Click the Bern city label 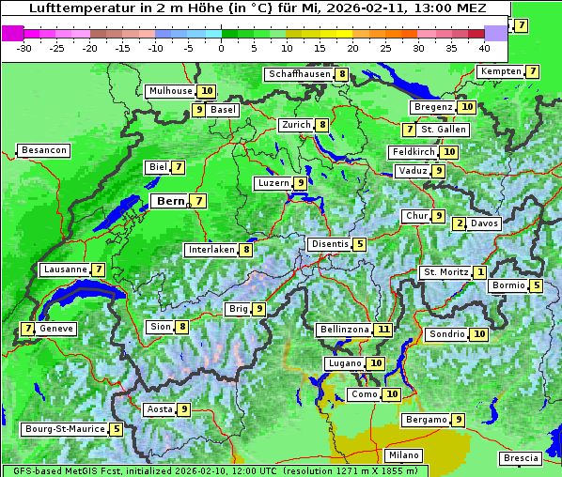[x=170, y=201]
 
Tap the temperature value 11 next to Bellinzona [x=382, y=330]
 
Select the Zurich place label [x=296, y=125]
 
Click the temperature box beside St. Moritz [x=479, y=272]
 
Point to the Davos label [x=484, y=223]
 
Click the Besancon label [x=43, y=150]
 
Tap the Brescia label [x=521, y=458]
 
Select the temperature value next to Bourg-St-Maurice [x=116, y=429]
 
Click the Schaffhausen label [x=298, y=74]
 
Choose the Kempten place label [x=501, y=71]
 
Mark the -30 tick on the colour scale [x=24, y=47]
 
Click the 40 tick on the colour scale [x=484, y=47]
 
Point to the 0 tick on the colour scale [x=222, y=47]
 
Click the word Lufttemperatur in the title [x=71, y=8]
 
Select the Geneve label [x=56, y=329]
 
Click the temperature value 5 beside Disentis [x=359, y=244]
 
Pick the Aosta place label [x=160, y=409]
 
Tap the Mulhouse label [x=170, y=91]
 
